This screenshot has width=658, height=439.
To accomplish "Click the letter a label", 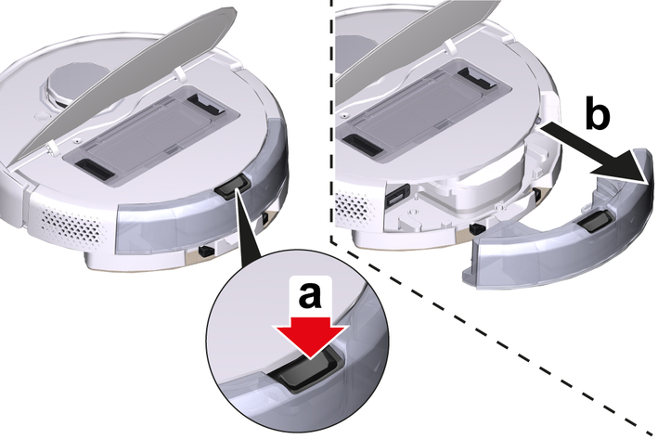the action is pyautogui.click(x=310, y=294).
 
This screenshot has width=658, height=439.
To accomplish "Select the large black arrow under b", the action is pyautogui.click(x=597, y=154).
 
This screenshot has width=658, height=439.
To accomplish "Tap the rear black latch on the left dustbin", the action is pyautogui.click(x=206, y=105).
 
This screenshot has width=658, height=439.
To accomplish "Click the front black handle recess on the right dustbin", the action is pyautogui.click(x=363, y=144).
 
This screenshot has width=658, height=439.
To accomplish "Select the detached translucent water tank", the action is pyautogui.click(x=558, y=227).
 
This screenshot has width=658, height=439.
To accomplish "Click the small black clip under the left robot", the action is pyautogui.click(x=206, y=251).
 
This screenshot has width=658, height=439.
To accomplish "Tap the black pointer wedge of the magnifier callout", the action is pyautogui.click(x=248, y=226).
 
